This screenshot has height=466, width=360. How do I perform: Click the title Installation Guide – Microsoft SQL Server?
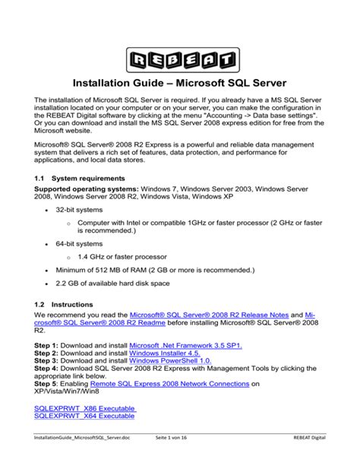(179, 82)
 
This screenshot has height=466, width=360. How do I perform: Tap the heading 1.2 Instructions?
(64, 304)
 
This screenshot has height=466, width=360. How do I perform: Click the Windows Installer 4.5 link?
(163, 354)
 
